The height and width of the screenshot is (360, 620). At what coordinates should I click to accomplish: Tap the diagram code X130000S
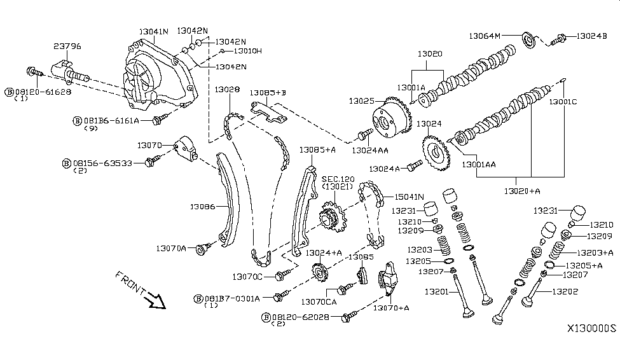coord(591,329)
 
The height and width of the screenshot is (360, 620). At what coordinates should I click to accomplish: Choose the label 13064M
coord(485,36)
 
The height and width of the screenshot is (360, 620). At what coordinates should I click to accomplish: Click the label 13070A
coord(171,247)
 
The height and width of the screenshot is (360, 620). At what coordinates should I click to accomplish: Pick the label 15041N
coord(411,197)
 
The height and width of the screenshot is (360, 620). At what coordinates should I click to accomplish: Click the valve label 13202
coord(566,292)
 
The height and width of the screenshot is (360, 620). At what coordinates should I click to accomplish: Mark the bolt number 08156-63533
coord(102,163)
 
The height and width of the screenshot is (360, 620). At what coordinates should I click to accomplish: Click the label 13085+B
coord(268,93)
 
